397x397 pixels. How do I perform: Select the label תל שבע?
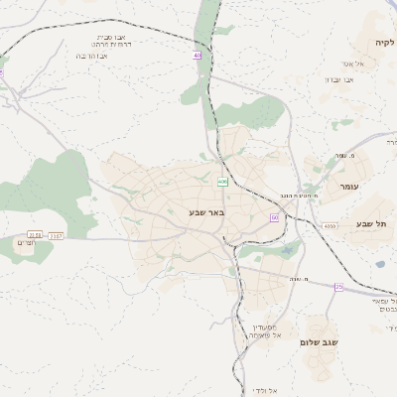374,224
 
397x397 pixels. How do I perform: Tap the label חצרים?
27,242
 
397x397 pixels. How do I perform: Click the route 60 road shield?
274,216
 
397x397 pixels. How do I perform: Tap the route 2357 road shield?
56,235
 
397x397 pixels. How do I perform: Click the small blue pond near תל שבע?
379,264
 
